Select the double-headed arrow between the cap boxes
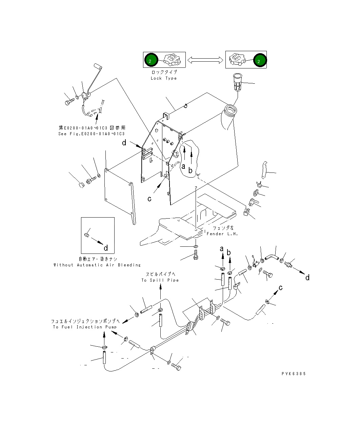coord(205,60)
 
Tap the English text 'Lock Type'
coord(164,78)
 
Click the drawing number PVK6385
coord(294,373)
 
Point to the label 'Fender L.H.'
coord(222,234)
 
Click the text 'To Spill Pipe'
coord(160,280)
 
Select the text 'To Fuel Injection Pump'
coord(85,327)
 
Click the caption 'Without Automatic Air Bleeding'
coord(97,265)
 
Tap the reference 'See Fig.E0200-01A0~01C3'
coord(92,134)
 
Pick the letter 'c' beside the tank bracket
coord(149,199)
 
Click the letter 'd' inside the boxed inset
coord(106,248)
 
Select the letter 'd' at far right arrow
coord(307,278)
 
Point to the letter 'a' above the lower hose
coord(222,249)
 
